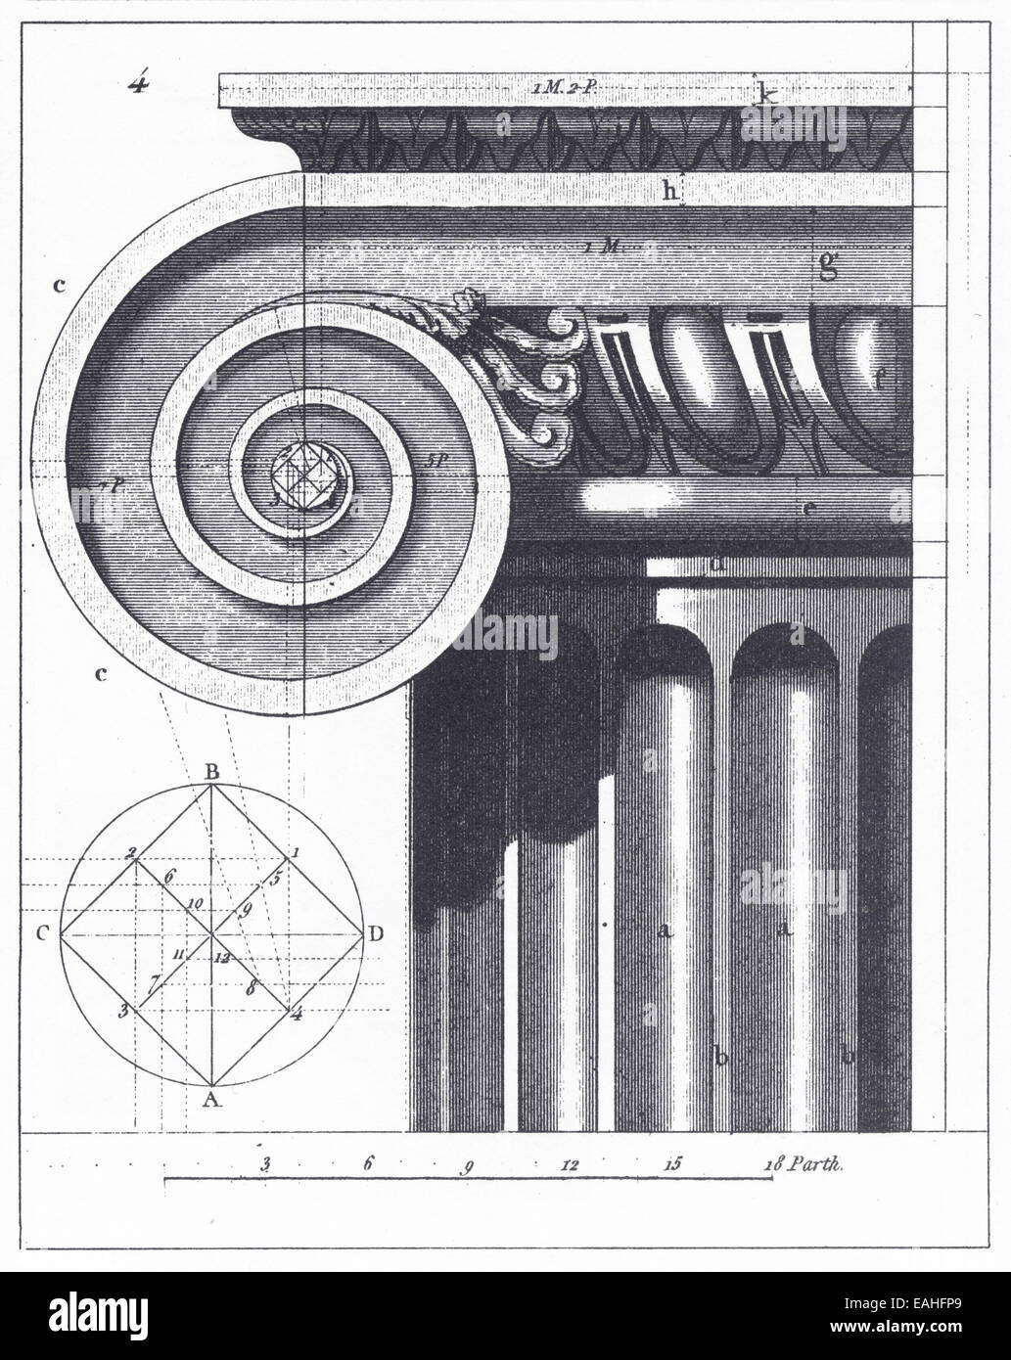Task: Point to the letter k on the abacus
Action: click(768, 94)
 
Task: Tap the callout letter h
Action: click(670, 191)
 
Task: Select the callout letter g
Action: click(828, 264)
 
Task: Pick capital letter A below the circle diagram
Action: click(209, 1100)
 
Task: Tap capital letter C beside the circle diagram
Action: click(43, 933)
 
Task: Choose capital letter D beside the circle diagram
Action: click(375, 933)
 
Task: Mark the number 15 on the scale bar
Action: click(672, 1164)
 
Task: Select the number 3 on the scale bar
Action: click(265, 1164)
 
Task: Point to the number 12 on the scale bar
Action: click(572, 1164)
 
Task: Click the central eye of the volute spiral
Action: click(303, 477)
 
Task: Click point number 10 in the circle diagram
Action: click(195, 901)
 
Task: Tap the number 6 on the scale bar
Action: click(369, 1164)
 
